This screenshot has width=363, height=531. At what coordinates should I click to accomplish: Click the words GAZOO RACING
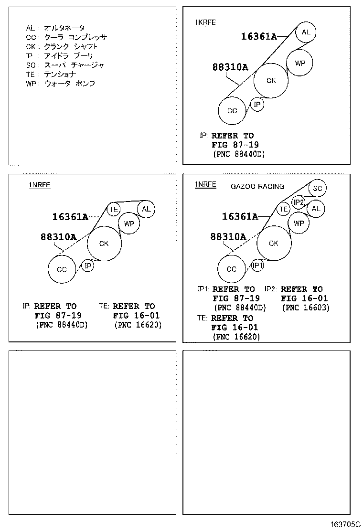[257, 186]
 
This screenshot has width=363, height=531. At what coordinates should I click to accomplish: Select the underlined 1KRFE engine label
[205, 23]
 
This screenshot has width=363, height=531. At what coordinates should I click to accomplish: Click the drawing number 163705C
[345, 524]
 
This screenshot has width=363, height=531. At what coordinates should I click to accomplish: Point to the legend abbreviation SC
[31, 65]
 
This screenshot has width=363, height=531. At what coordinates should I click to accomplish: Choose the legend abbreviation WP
[31, 83]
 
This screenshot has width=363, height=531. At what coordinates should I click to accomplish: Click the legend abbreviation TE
[30, 74]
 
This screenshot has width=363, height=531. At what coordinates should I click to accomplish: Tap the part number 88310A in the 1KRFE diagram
[230, 67]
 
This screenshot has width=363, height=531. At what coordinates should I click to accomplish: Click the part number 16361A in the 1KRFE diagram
[259, 36]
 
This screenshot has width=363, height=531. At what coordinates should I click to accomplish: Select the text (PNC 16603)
[306, 308]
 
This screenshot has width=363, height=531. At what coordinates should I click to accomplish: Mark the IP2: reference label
[271, 289]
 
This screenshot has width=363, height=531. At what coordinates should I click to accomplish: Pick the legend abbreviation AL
[30, 28]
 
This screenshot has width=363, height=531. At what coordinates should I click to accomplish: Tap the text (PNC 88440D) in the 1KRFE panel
[239, 154]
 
